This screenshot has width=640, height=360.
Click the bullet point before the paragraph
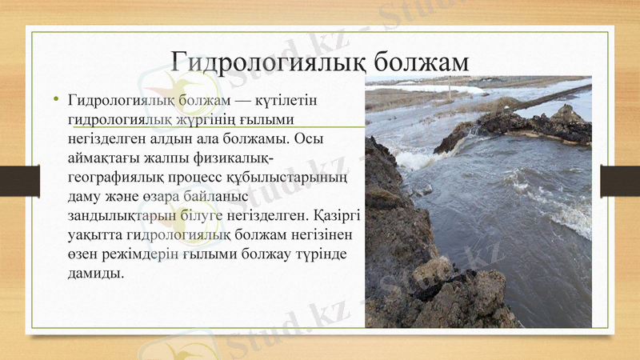click(56, 100)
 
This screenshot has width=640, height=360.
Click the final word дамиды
click(97, 273)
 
